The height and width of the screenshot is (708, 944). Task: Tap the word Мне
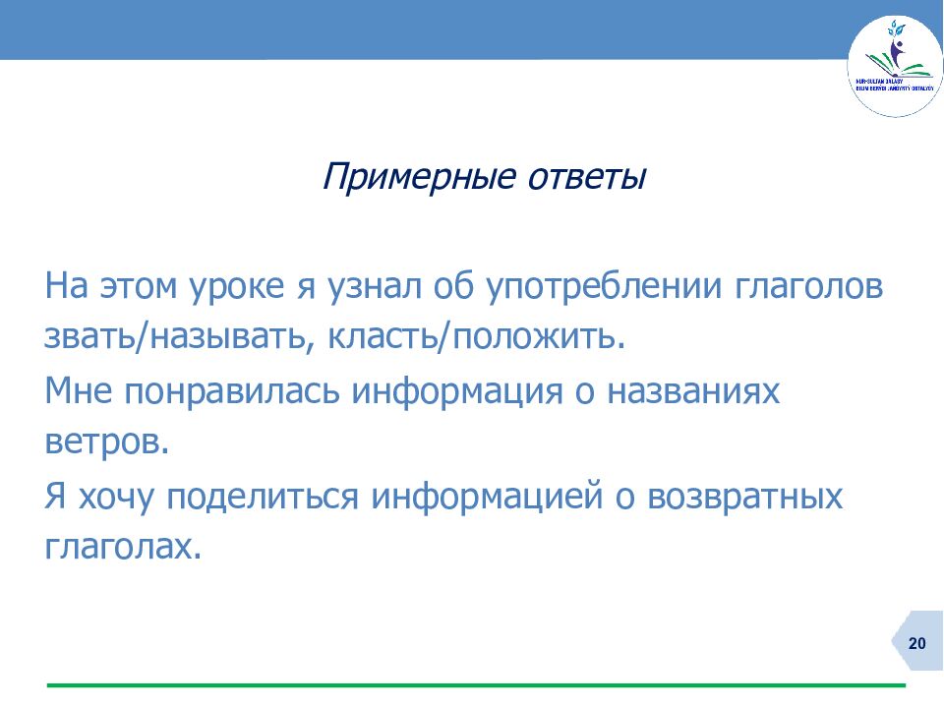coord(79,391)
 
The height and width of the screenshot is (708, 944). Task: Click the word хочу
coord(117,496)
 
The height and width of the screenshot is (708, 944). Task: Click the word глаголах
coord(121,547)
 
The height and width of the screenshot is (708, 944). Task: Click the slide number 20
coord(916,644)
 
